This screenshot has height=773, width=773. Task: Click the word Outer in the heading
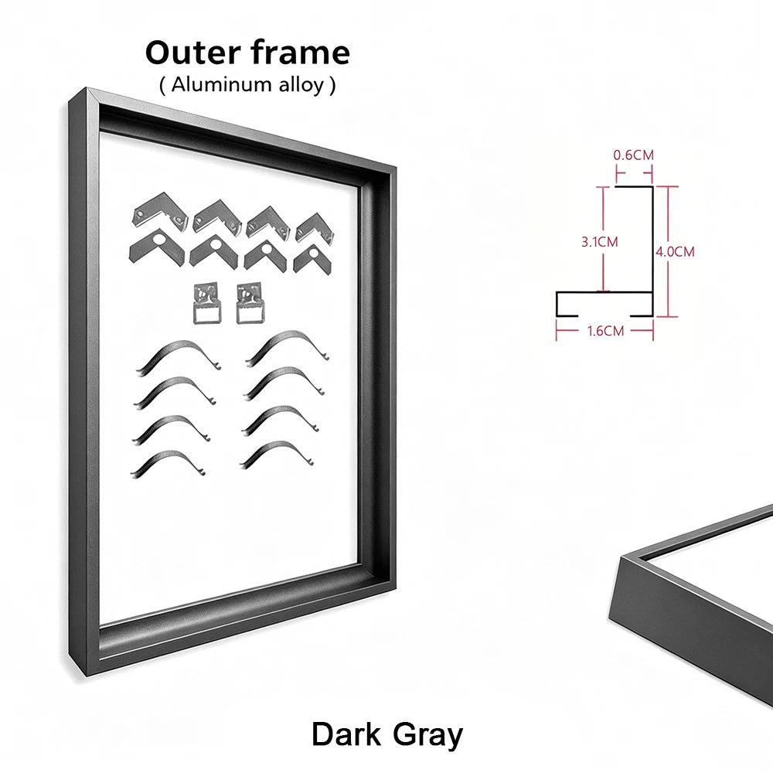click(192, 53)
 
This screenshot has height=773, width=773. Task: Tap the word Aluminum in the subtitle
click(221, 85)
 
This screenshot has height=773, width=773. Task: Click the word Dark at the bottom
click(346, 734)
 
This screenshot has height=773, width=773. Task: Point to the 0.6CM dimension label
click(634, 155)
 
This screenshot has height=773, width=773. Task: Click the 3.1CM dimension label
click(600, 242)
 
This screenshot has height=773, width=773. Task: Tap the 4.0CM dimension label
click(675, 252)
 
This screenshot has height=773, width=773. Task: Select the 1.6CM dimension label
click(605, 331)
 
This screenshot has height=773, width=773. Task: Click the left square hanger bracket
click(207, 303)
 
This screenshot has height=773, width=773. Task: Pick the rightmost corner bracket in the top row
click(315, 228)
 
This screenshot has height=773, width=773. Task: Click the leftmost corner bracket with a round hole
click(157, 247)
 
